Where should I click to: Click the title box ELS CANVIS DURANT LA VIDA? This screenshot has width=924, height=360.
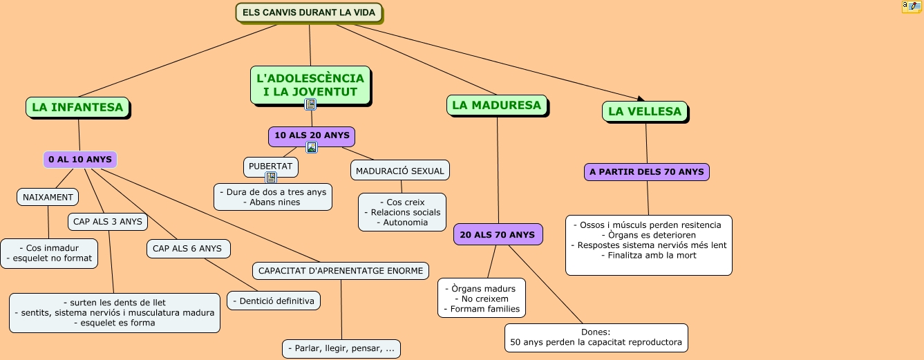click(x=309, y=12)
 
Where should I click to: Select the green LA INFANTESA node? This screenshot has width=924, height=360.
click(x=77, y=107)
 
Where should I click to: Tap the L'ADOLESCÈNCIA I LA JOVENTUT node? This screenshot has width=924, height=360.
click(x=310, y=85)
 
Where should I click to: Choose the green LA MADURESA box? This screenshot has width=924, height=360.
click(x=496, y=105)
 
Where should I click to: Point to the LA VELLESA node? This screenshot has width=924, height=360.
click(x=645, y=111)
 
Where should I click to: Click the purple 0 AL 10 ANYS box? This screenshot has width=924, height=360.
click(x=80, y=160)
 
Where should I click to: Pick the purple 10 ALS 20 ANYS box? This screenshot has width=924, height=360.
click(x=312, y=135)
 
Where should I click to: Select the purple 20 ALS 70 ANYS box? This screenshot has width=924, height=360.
click(x=498, y=235)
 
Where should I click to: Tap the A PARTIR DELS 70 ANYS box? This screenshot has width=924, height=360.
click(x=647, y=172)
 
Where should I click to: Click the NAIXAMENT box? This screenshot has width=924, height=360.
click(x=48, y=197)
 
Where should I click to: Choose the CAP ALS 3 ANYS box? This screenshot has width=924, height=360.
click(x=108, y=222)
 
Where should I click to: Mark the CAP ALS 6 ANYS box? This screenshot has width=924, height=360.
click(x=187, y=249)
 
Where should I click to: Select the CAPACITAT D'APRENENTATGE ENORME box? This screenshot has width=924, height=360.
click(x=341, y=271)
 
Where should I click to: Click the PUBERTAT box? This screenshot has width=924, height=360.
click(x=271, y=167)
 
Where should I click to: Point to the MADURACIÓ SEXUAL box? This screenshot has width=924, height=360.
click(x=400, y=170)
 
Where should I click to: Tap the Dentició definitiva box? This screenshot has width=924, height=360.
click(x=274, y=301)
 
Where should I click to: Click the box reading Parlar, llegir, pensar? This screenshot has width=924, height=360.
click(x=341, y=348)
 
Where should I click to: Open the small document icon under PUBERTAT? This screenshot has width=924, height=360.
click(x=271, y=178)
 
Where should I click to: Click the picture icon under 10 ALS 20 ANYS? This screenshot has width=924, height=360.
click(x=312, y=147)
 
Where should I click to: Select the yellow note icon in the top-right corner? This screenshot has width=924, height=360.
click(x=911, y=7)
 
